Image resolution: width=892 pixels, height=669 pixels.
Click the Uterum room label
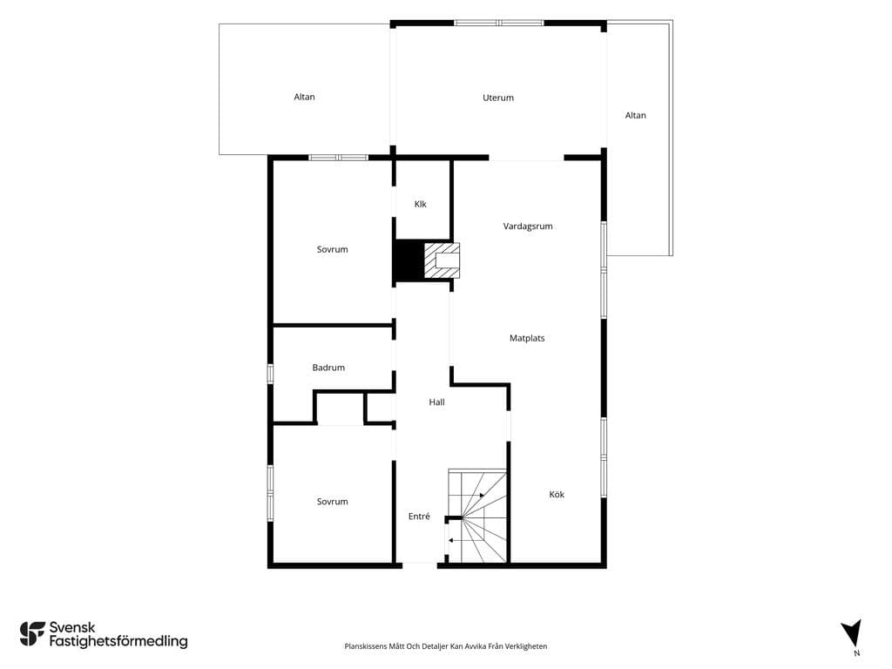point(497,98)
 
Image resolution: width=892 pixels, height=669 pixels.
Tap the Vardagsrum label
point(528,226)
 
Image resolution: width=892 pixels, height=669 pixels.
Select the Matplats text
point(527,339)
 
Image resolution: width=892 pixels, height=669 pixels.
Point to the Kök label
point(557,495)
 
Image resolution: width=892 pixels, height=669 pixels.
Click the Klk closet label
point(421,204)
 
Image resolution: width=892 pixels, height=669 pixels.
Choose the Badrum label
point(328,368)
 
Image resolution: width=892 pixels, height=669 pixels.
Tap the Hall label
point(436,402)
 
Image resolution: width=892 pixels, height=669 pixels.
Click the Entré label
point(419,517)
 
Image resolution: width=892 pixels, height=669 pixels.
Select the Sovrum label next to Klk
point(332,249)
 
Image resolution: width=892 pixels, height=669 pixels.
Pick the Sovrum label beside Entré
point(332,502)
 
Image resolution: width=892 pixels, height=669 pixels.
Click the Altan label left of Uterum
point(304,98)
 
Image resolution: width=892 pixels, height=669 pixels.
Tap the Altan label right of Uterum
point(635,116)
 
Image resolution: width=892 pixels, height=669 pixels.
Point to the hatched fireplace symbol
point(442,260)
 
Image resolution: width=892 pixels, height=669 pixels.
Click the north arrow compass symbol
point(852,632)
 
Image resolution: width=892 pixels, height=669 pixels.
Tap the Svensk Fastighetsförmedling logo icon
point(32,634)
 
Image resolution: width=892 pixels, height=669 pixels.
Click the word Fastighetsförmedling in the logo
point(118,642)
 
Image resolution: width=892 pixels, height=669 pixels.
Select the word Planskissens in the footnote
point(366,646)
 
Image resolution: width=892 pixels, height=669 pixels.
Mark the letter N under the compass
point(857,653)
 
